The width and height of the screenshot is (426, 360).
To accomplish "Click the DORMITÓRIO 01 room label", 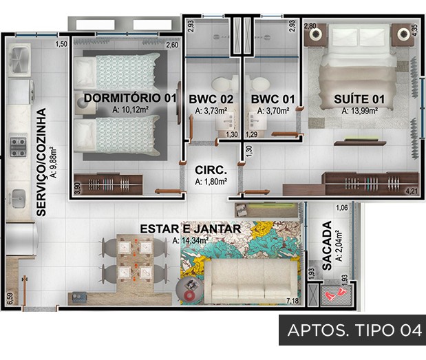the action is click(x=130, y=98).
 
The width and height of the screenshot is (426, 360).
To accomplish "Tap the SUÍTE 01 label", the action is click(x=359, y=99).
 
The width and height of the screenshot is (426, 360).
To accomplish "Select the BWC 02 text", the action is click(x=211, y=99).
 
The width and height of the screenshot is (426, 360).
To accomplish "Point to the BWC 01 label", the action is click(x=273, y=99).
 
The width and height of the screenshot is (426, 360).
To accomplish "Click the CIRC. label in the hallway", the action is click(x=211, y=170).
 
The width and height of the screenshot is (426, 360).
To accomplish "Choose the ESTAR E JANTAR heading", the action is click(x=191, y=229).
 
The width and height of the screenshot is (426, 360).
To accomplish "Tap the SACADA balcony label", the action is click(x=327, y=246).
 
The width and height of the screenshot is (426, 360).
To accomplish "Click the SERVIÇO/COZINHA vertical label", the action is click(x=41, y=162).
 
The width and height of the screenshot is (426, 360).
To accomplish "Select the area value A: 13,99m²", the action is click(x=359, y=111).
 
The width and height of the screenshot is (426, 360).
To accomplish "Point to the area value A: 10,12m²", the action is click(x=130, y=109).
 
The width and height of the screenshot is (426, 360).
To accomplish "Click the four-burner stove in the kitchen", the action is click(x=18, y=147).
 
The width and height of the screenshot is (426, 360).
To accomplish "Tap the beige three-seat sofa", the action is click(x=251, y=282).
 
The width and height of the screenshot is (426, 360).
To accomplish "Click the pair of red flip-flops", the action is click(x=336, y=294).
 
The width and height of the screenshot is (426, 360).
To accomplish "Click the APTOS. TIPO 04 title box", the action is click(x=352, y=330).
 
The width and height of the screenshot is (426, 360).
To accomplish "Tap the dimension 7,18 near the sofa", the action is click(x=292, y=301).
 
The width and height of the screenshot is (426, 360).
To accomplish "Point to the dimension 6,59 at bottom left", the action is click(x=10, y=298).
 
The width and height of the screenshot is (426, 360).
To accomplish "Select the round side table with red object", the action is click(x=189, y=290).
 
